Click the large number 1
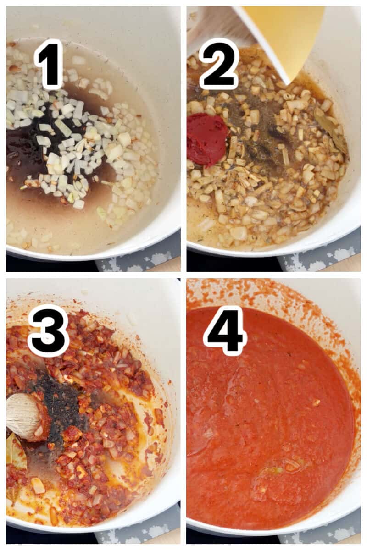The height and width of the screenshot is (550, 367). pyautogui.click(x=49, y=64)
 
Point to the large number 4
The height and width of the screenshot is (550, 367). pyautogui.click(x=225, y=331)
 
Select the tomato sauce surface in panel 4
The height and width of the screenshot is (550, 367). pyautogui.click(x=275, y=412)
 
